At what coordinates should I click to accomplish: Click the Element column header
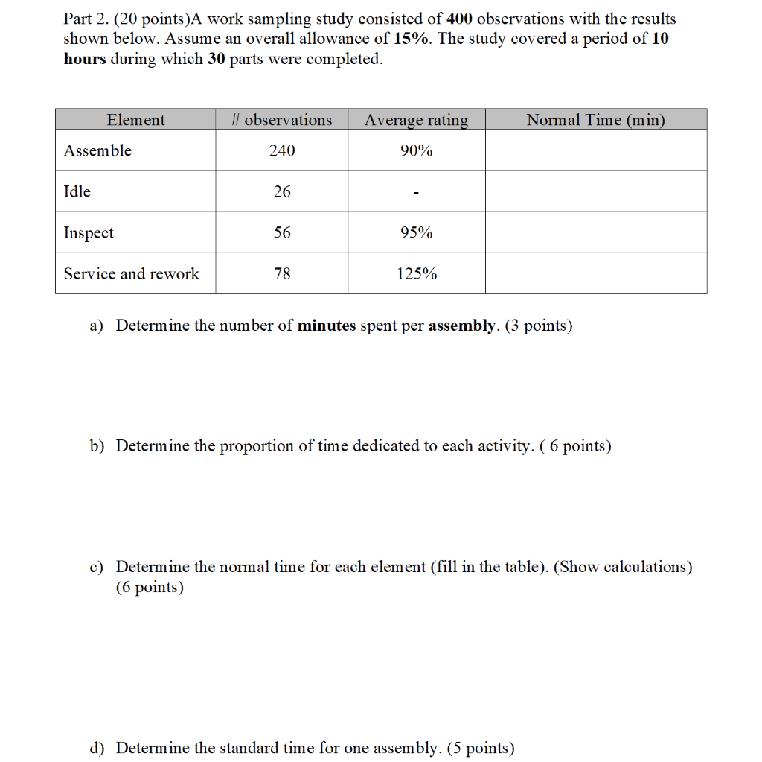pos(136,120)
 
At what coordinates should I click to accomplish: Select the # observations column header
pos(281,120)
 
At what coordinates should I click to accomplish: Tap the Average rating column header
pos(416,120)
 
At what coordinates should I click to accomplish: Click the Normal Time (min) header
pos(595,120)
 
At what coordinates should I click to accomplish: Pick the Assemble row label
pos(97,150)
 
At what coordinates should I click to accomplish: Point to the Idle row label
pos(77,191)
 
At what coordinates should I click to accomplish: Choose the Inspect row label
pos(89,233)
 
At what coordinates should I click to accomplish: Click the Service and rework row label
pos(132,273)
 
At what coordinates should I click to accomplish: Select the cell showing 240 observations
pos(282,150)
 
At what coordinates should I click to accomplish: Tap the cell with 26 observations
pos(282,191)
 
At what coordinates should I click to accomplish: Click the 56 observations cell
pos(282,233)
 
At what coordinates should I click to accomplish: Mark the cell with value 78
pos(282,273)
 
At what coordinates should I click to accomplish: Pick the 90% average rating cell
pos(416,150)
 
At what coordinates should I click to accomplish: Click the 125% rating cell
pos(416,274)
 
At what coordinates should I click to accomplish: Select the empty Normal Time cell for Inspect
pos(595,232)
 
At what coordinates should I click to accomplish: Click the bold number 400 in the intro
pos(459,19)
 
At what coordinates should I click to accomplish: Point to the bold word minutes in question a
pos(327,326)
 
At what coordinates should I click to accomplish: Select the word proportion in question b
pos(257,446)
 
